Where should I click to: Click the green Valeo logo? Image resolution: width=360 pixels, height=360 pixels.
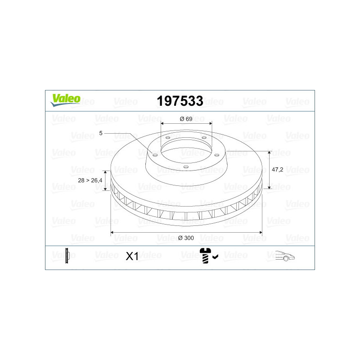(x=65, y=100)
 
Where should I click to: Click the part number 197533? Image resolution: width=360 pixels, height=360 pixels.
(x=180, y=101)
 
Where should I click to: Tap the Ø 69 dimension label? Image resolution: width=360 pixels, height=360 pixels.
(x=186, y=119)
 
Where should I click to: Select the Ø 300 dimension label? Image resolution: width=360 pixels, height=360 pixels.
(x=186, y=238)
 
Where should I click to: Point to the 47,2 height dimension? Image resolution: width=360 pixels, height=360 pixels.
(x=277, y=170)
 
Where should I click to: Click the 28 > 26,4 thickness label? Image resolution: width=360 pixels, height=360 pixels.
(x=90, y=180)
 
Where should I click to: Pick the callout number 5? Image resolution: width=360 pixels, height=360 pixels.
(x=100, y=133)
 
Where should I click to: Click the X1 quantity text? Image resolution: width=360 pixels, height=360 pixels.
(x=132, y=256)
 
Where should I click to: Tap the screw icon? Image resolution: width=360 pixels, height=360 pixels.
(x=205, y=256)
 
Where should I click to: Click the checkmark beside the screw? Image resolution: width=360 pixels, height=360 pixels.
(x=216, y=256)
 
